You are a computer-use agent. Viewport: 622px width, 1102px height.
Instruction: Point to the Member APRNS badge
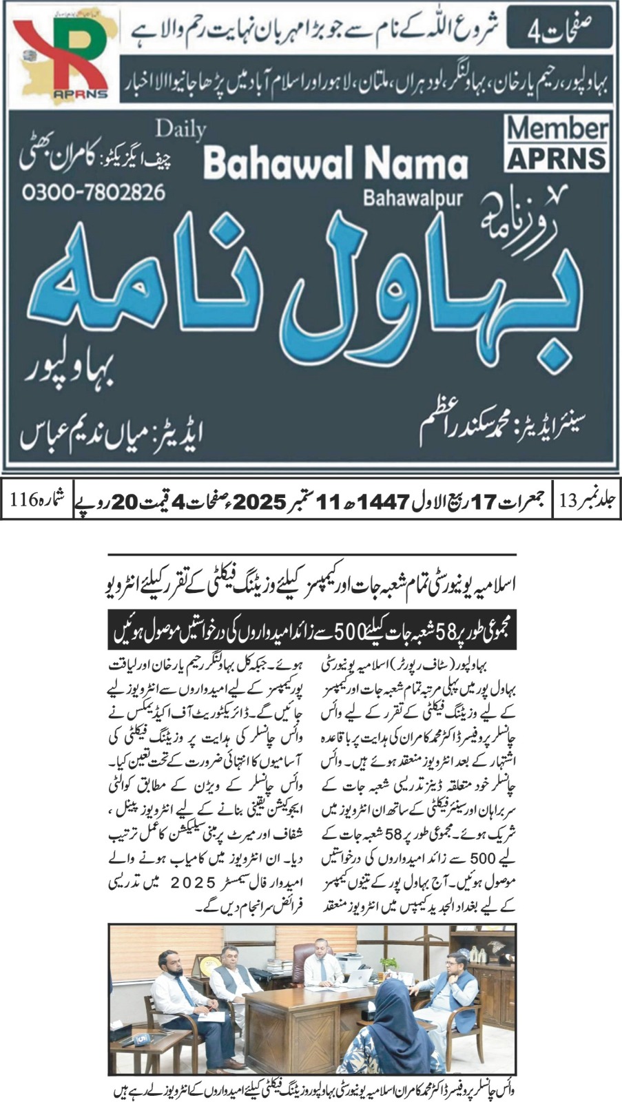[557, 143]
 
